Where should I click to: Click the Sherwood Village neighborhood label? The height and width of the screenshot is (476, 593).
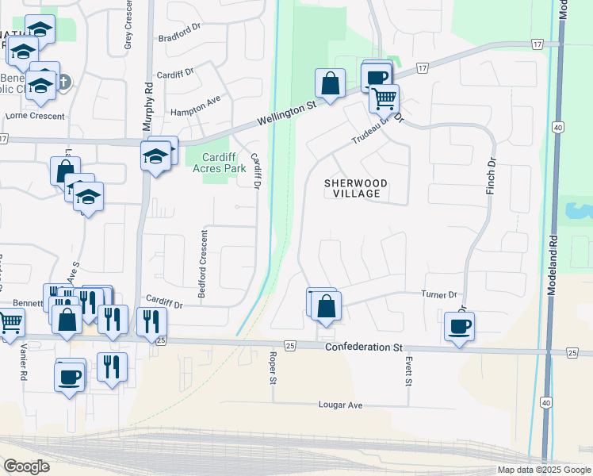point(356,188)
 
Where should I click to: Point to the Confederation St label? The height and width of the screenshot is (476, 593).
point(364,347)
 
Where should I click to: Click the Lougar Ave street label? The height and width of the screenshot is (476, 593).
point(340,405)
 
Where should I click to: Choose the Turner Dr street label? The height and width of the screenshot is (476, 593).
point(440,294)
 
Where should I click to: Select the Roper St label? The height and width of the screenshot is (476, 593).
point(272,369)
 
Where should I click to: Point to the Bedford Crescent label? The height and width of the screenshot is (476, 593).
point(203,265)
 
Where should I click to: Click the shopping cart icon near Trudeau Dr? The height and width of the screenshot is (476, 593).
point(384,98)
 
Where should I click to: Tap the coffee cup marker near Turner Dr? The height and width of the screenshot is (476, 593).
point(459,326)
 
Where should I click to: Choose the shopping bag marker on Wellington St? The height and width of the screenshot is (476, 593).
point(330,83)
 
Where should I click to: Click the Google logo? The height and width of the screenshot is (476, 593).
point(26,466)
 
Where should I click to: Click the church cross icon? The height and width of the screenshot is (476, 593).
point(64,81)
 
